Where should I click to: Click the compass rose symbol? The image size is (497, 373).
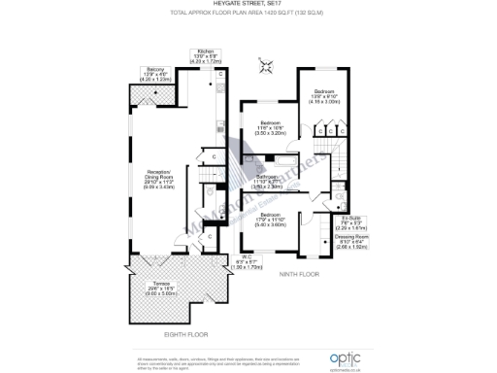[x=265, y=65]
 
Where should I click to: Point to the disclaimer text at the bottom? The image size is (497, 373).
[x=194, y=359]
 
